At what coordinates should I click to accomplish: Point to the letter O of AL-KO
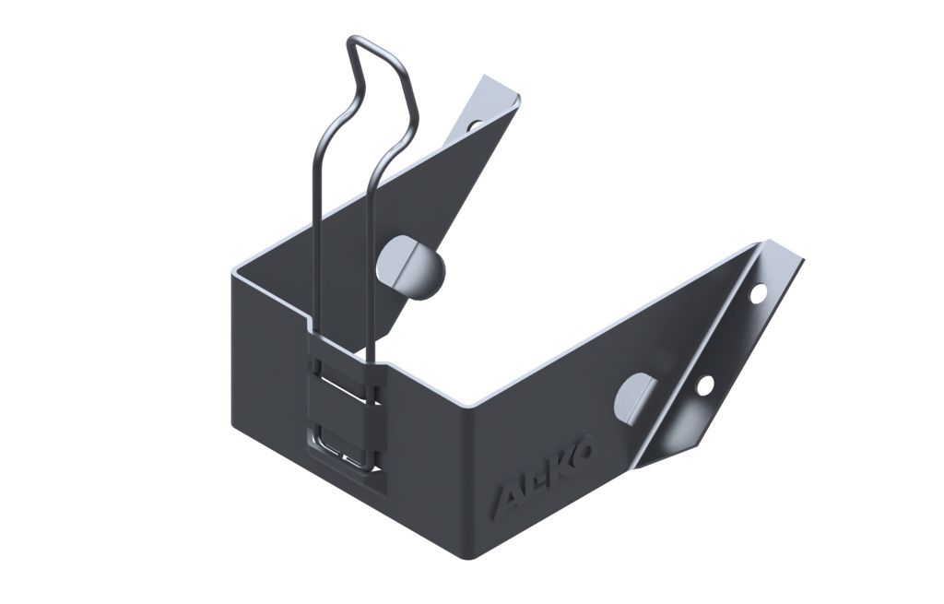[584, 446]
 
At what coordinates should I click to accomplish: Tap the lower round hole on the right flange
[705, 385]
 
